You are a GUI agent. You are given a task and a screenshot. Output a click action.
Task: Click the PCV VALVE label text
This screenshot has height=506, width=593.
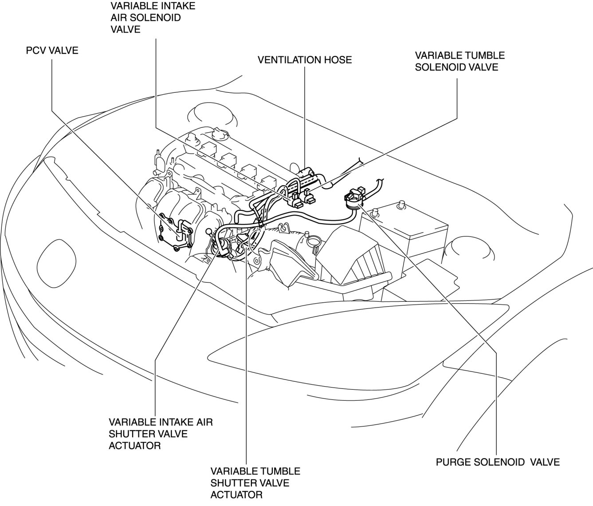tap(52, 50)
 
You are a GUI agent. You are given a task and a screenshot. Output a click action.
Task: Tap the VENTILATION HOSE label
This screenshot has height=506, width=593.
tap(305, 59)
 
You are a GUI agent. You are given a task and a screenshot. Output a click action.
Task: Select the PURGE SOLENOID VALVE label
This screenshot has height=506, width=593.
tap(497, 462)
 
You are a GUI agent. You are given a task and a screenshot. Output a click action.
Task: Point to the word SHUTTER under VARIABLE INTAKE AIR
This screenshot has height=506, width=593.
tap(131, 434)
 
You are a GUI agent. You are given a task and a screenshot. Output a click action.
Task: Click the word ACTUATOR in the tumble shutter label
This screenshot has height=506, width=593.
tap(236, 495)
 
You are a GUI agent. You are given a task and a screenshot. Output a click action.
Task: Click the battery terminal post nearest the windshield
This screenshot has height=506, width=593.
tap(401, 205)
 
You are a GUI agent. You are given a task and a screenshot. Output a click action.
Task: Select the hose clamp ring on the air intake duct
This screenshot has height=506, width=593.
tap(314, 241)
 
